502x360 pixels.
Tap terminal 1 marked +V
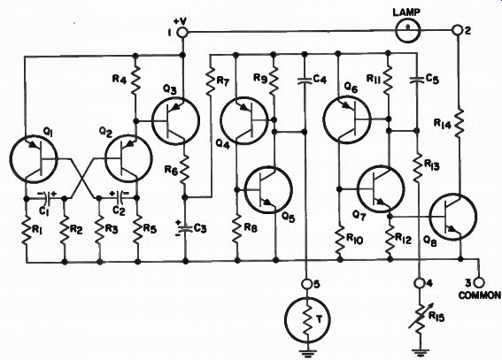182,33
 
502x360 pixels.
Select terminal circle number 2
458,30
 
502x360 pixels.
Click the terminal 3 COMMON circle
479,283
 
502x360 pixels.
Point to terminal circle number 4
419,283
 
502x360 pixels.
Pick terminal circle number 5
306,284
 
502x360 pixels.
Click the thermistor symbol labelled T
307,319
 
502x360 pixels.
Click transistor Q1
34,159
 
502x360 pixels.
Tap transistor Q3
175,121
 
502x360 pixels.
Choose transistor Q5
268,190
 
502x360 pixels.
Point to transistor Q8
452,217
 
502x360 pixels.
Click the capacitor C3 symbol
185,228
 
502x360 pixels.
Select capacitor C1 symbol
49,198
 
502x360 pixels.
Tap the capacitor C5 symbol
417,80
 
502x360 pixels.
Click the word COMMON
480,295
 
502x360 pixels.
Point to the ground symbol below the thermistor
307,353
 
